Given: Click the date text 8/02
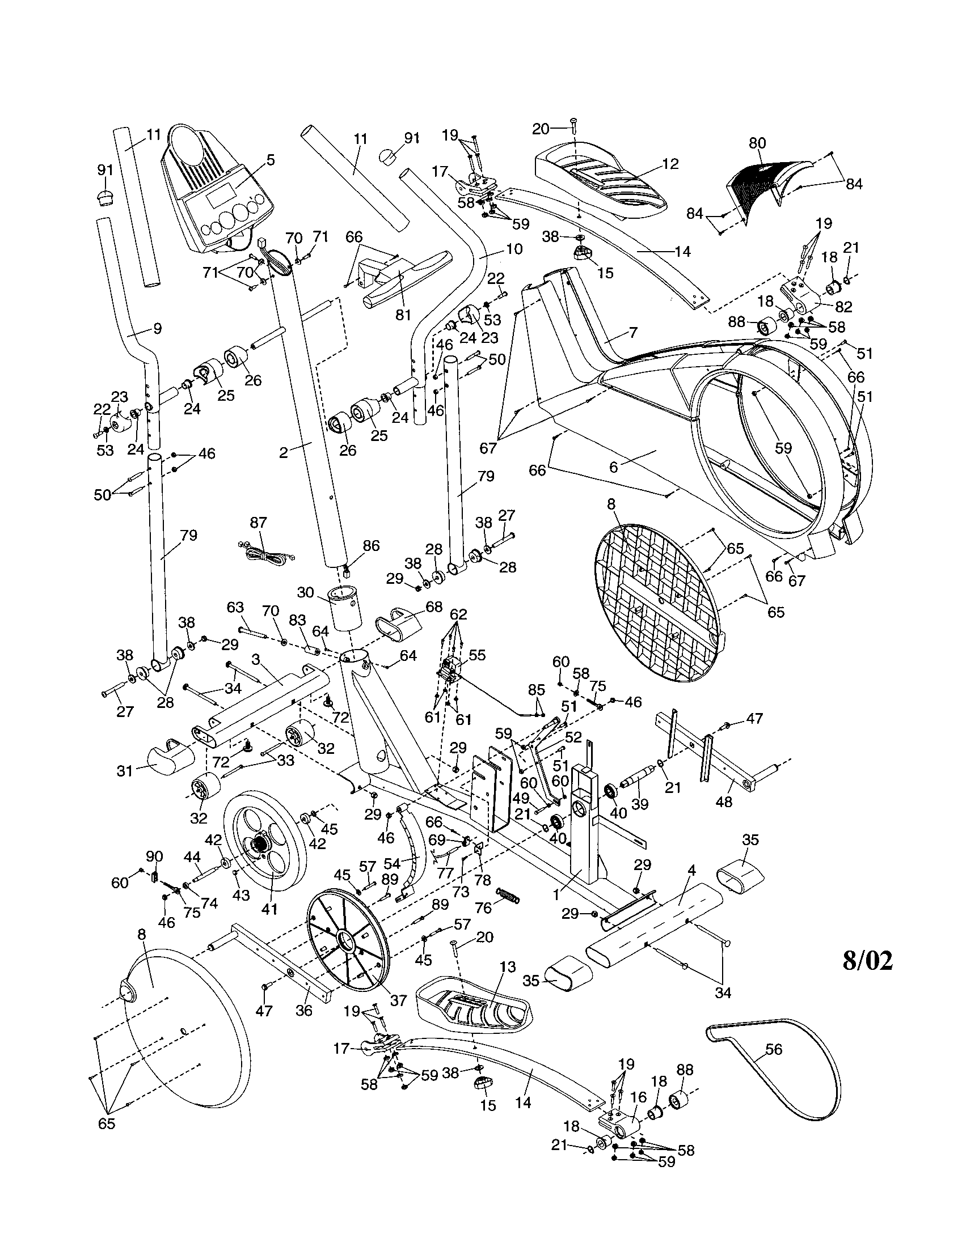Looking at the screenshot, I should [x=867, y=961].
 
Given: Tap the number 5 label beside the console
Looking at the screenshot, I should [x=271, y=160].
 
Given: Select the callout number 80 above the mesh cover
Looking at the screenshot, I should [x=757, y=143].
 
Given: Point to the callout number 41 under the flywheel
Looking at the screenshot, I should [x=268, y=908].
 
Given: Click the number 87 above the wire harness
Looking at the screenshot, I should [x=258, y=523].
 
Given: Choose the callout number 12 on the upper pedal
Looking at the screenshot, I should [x=670, y=164].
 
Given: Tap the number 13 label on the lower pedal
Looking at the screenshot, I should [x=507, y=967].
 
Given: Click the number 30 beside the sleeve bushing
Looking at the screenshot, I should [x=306, y=592].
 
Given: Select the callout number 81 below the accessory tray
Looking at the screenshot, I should [x=403, y=315].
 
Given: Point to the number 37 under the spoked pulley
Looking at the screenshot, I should [x=398, y=999].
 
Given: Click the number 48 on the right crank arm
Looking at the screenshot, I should [x=724, y=801].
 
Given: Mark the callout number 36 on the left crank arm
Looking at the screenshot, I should [x=304, y=1010].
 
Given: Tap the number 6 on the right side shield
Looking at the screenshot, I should [x=614, y=466].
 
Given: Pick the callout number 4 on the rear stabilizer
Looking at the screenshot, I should [x=692, y=871].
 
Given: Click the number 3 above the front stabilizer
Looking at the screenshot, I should [x=256, y=659].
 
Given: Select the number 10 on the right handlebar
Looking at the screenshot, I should [x=513, y=249].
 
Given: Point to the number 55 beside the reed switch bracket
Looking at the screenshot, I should [x=477, y=655].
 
